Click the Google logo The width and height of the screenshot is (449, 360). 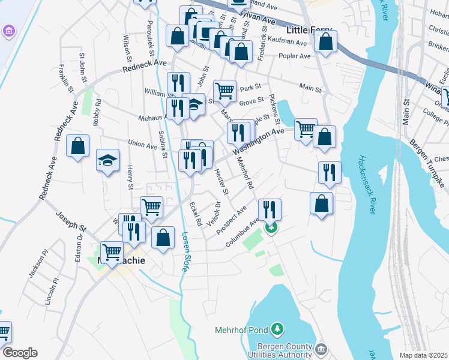coord(19,353)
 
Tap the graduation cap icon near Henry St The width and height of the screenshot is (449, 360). coord(107,160)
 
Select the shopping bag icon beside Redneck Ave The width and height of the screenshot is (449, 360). coord(78,146)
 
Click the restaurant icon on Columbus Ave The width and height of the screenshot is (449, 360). coord(270,209)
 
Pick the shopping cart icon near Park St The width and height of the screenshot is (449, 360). coord(224,91)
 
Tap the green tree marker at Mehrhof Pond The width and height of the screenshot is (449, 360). coord(277,329)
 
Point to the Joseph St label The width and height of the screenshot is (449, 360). coord(71,220)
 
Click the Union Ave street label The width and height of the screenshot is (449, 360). coord(143,145)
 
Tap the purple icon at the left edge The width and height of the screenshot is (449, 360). coord(9,30)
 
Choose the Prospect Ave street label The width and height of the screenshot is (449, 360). coord(232,223)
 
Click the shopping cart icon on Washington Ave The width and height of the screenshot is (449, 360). coord(306,128)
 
